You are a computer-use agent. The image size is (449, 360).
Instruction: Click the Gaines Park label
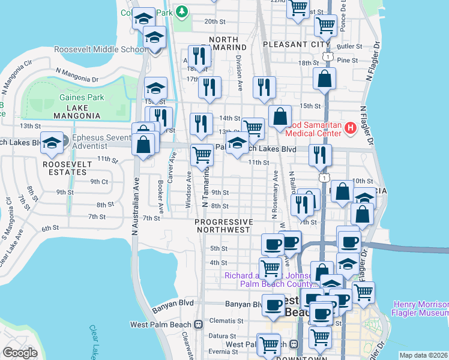pyautogui.click(x=82, y=97)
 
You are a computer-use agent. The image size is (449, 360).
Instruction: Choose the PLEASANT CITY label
pyautogui.click(x=297, y=44)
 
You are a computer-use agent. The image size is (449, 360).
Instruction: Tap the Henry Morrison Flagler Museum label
pyautogui.click(x=420, y=308)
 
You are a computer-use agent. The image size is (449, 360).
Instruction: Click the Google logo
pyautogui.click(x=20, y=353)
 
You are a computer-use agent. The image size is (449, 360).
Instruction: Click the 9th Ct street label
pyautogui.click(x=98, y=181)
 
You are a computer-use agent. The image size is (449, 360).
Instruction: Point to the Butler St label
pyautogui.click(x=350, y=46)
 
